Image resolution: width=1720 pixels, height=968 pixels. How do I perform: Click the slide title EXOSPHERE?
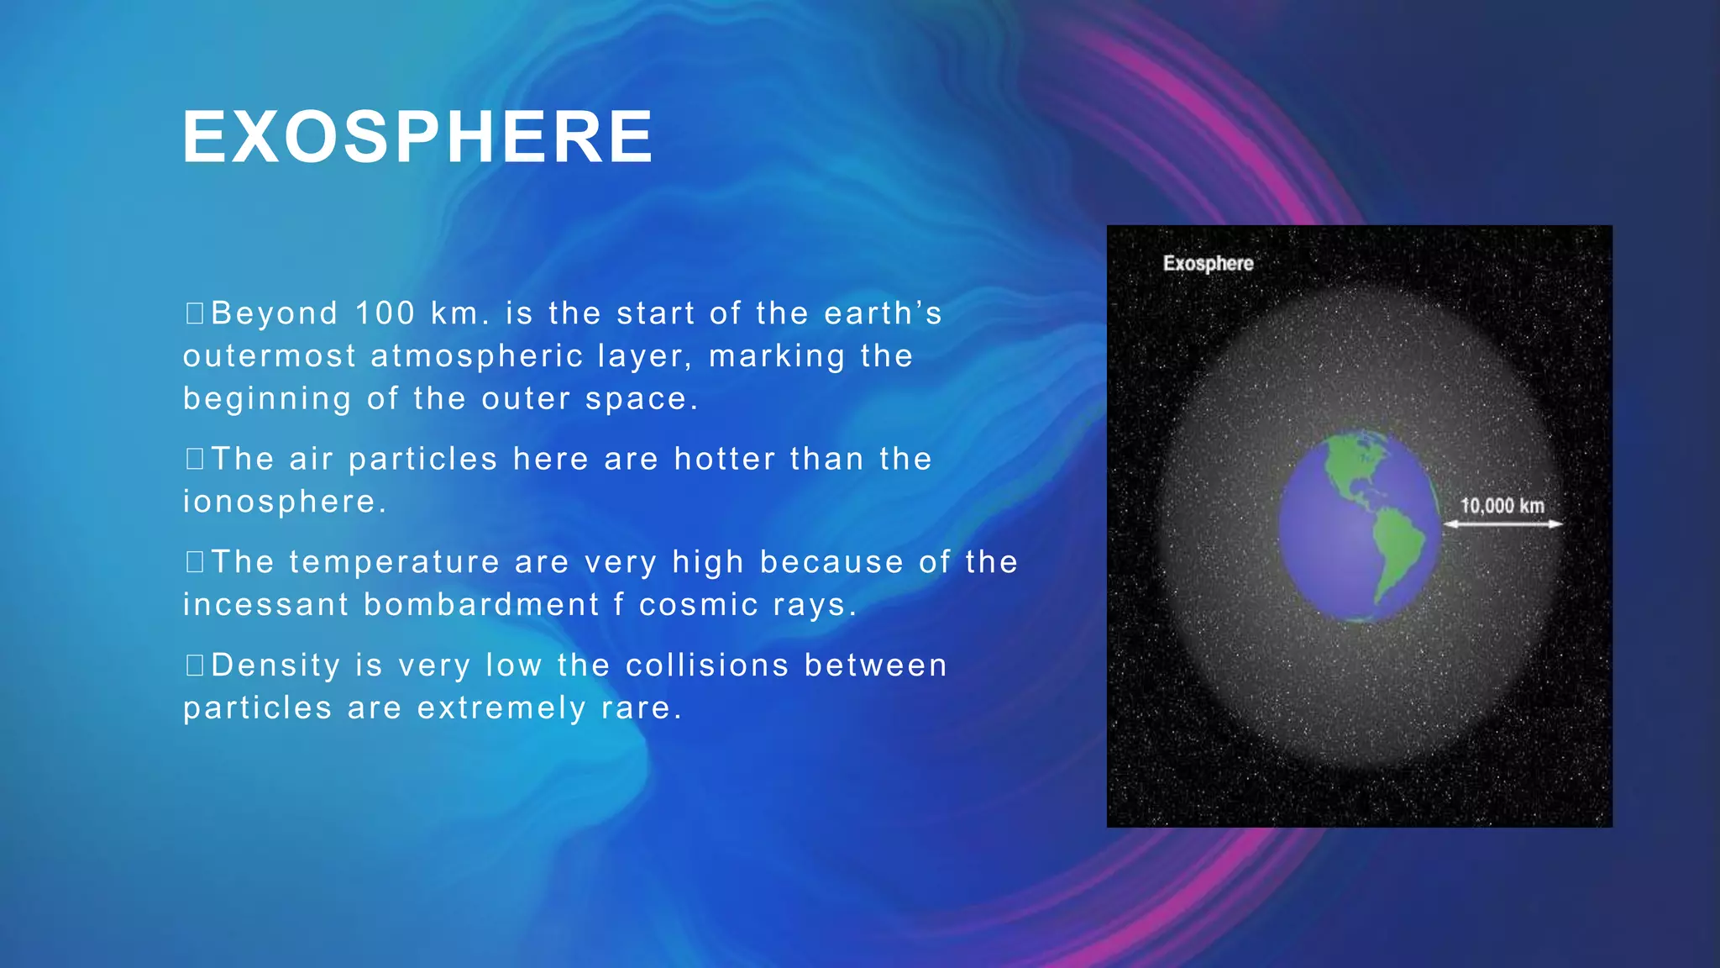(x=417, y=137)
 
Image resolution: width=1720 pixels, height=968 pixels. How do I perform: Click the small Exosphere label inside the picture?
(x=1208, y=263)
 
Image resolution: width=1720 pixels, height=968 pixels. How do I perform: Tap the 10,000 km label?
(x=1502, y=505)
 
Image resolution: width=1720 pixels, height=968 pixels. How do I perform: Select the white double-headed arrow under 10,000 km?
(x=1502, y=524)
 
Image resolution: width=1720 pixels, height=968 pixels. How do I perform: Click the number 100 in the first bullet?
(x=385, y=313)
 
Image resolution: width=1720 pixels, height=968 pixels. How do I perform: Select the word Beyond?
(x=275, y=313)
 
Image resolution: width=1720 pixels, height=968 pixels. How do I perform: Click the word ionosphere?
(x=280, y=502)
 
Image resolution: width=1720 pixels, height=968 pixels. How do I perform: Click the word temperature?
(x=395, y=562)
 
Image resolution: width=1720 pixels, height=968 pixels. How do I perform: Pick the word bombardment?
(x=481, y=605)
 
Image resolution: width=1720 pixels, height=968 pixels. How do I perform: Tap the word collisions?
(x=707, y=665)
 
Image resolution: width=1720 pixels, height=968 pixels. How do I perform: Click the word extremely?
(x=501, y=708)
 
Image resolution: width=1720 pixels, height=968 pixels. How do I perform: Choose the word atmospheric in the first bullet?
(x=477, y=356)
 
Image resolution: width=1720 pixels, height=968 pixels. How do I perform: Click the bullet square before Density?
(x=195, y=665)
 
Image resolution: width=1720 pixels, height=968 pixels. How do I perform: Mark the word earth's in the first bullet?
(x=883, y=313)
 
